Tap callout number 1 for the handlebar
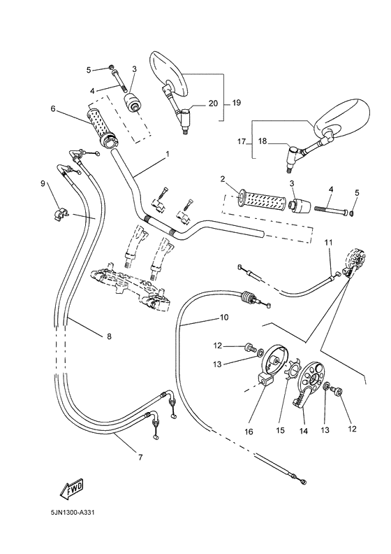pos(167,153)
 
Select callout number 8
pos(108,336)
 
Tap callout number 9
pos(43,183)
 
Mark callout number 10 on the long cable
pos(224,317)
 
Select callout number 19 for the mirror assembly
pos(236,103)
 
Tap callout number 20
pos(213,103)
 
